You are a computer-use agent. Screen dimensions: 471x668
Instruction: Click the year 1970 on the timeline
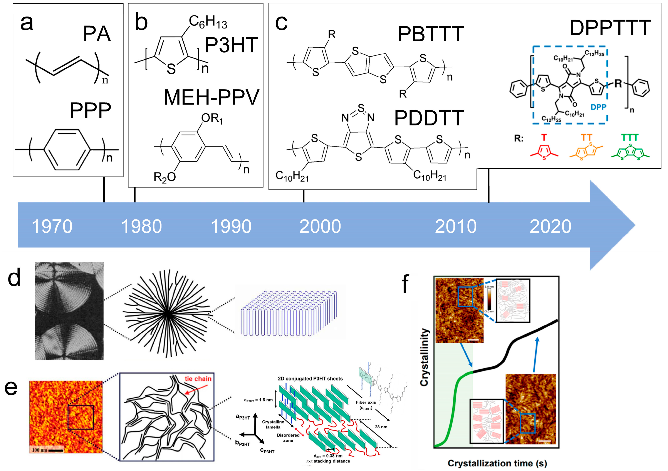coord(52,227)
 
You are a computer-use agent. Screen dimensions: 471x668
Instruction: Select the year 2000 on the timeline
coord(320,227)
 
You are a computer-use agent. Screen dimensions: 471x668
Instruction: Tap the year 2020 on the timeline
coord(550,227)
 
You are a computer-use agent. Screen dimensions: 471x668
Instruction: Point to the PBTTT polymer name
coord(431,34)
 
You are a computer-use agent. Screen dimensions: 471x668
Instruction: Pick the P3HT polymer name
coord(232,45)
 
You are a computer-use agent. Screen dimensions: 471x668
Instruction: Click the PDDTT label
coord(429,118)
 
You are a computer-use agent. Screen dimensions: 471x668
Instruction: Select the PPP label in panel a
coord(91,110)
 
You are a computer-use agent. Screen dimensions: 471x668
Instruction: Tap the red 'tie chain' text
coord(198,379)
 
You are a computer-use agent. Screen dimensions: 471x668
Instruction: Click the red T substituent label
coord(544,137)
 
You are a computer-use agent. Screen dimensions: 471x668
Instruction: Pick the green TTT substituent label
coord(630,137)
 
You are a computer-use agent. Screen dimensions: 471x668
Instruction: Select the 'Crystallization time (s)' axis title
coord(497,463)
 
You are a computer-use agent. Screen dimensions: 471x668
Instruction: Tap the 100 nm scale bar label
coord(40,450)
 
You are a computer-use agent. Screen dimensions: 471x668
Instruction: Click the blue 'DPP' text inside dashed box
coord(598,107)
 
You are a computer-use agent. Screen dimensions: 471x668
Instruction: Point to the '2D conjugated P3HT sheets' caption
coord(310,379)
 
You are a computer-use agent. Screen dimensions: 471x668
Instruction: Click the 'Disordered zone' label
coord(288,438)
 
